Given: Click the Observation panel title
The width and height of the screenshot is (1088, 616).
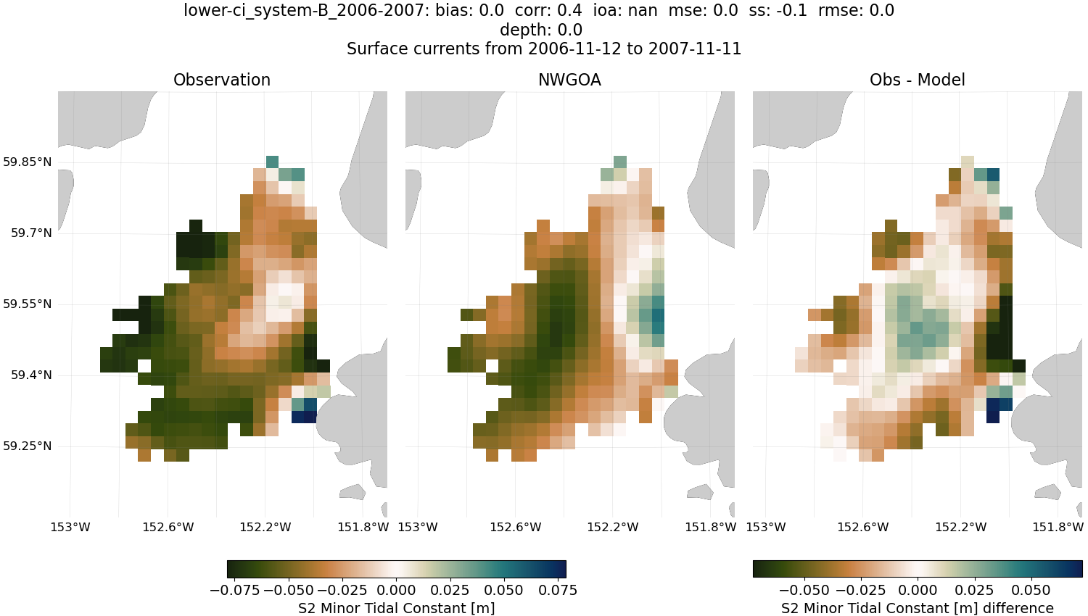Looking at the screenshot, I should tap(222, 80).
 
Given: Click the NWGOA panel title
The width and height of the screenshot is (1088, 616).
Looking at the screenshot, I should tap(569, 80).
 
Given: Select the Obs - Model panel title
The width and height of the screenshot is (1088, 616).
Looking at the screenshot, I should tap(917, 80).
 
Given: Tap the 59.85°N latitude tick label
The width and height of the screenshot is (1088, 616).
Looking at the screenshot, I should tap(28, 162).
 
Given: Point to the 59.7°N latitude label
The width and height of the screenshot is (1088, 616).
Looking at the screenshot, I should tap(31, 233).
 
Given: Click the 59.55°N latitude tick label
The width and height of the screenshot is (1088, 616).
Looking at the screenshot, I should tap(28, 304).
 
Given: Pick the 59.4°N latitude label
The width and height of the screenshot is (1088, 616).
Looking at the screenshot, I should tap(31, 375).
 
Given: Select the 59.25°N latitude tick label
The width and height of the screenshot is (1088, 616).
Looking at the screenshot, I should tap(28, 446).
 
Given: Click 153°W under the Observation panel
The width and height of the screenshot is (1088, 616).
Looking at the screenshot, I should tap(70, 527).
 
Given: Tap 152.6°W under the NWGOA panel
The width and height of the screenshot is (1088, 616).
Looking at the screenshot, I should tap(516, 527).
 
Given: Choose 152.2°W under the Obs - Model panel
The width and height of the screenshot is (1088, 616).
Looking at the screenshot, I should tap(961, 527).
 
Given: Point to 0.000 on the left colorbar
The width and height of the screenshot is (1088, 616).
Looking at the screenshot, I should tap(396, 590).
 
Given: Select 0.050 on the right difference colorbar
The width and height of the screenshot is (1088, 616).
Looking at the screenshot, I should tap(1030, 590).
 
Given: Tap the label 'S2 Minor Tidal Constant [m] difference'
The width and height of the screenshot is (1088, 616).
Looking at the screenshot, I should tap(917, 608).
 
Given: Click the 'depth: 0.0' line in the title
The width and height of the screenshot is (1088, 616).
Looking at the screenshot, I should tap(541, 30).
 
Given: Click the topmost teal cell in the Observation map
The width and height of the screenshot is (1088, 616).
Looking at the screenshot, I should tap(272, 162).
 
